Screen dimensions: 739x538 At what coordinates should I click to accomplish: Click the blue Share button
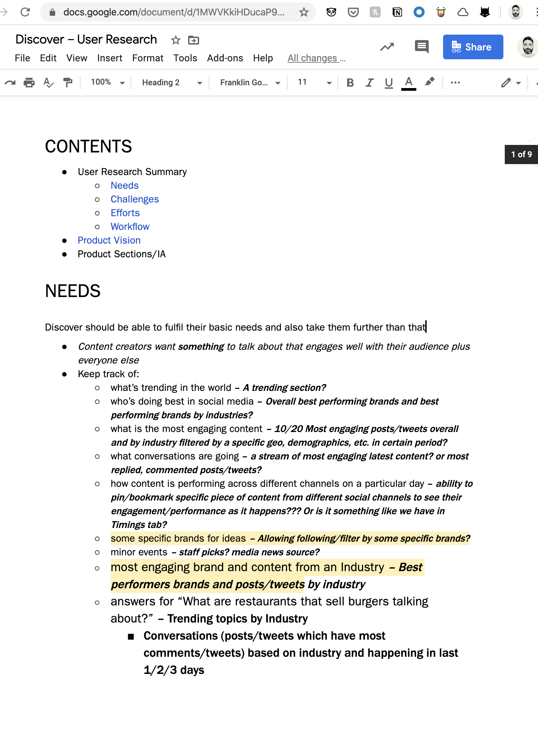coord(473,47)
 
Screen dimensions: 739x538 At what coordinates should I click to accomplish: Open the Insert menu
coord(109,58)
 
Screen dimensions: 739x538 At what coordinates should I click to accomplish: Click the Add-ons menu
coord(225,58)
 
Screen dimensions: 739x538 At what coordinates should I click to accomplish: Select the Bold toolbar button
coord(350,83)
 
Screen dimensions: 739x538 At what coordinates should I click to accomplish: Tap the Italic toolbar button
coord(369,83)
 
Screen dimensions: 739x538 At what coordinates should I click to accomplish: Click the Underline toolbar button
coord(389,83)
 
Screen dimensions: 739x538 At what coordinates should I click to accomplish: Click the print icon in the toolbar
coord(29,83)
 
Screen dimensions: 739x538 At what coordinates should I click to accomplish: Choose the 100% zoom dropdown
coord(107,82)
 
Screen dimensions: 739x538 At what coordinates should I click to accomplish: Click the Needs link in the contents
coord(124,185)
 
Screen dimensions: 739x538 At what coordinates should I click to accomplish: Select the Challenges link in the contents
coord(135,199)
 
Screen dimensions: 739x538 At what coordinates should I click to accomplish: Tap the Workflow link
coord(130,226)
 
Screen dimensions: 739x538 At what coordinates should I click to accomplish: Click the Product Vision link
coord(109,240)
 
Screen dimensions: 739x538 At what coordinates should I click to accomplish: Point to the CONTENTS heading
coord(88,146)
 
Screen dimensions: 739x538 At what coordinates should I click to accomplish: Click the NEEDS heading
coord(73,291)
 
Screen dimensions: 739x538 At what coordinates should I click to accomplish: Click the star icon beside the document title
coord(176,40)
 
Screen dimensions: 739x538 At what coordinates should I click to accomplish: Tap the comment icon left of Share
coord(421,46)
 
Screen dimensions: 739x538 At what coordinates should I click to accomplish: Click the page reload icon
coord(25,12)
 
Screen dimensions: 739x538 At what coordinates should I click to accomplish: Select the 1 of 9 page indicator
coord(521,155)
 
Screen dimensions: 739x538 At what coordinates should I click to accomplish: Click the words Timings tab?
coord(139,525)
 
